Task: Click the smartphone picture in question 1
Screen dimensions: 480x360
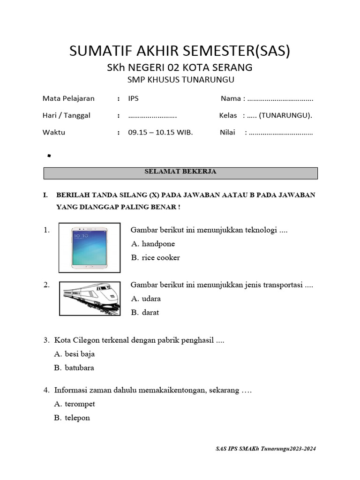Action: click(89, 248)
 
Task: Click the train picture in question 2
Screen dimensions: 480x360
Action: click(89, 298)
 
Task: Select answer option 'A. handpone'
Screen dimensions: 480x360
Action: click(153, 244)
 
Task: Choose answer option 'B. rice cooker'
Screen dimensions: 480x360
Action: click(155, 257)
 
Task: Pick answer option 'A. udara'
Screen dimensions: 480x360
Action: click(146, 299)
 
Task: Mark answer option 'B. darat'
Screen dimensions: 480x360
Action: click(145, 312)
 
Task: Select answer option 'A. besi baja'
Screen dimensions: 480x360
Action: click(75, 354)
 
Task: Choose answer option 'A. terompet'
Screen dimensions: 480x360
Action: click(75, 404)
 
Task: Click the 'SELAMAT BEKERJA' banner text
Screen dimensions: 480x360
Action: click(180, 172)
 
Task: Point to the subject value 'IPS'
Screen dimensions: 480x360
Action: click(134, 98)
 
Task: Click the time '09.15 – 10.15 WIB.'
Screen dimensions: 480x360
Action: click(160, 132)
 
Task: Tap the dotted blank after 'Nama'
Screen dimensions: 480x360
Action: click(280, 99)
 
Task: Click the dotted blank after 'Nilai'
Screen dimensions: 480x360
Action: click(281, 133)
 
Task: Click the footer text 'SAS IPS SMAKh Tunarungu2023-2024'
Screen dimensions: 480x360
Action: click(266, 449)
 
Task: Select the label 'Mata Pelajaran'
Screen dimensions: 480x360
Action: click(68, 98)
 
